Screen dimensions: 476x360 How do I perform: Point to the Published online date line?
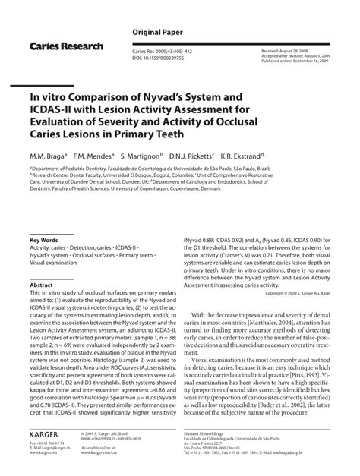(308, 56)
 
